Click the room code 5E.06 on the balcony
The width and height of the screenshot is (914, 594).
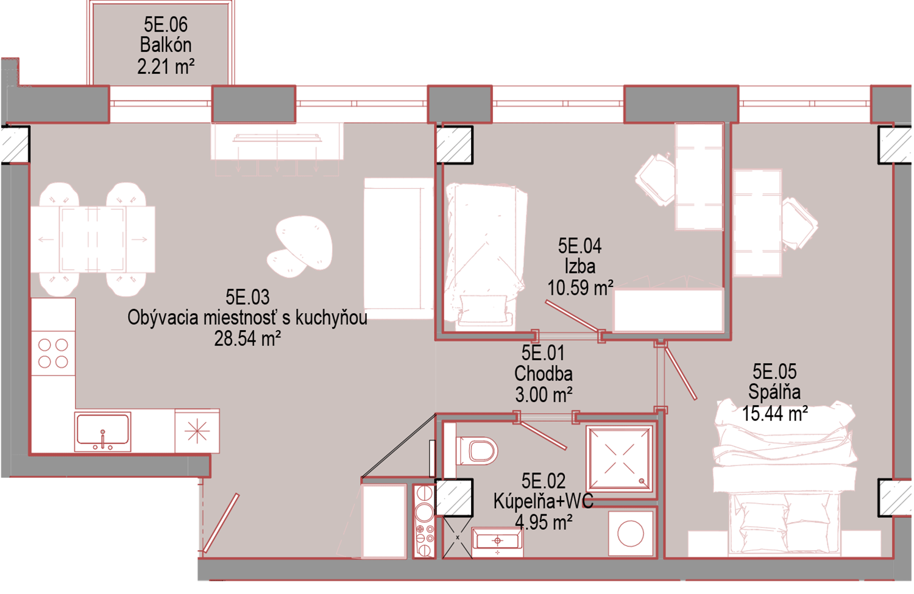166,24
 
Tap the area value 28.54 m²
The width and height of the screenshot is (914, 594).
247,339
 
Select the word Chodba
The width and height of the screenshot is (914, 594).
543,373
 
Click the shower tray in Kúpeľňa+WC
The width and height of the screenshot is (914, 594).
620,458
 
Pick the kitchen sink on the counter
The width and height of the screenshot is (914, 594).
102,431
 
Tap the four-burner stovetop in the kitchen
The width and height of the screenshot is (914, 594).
53,353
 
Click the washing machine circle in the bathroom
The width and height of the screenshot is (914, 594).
631,533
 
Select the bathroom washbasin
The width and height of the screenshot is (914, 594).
497,542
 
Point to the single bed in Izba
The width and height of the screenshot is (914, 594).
485,255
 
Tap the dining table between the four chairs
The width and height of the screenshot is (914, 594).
93,239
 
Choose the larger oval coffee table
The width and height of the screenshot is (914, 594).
304,242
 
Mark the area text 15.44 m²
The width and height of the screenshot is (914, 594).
775,413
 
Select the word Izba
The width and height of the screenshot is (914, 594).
580,267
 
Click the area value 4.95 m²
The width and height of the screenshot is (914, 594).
544,523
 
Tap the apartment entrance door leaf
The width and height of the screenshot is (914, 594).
221,523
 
